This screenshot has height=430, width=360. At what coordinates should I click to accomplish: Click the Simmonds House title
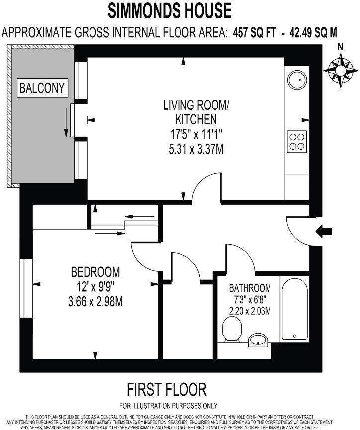coord(170,10)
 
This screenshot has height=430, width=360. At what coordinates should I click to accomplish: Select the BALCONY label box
coord(42,88)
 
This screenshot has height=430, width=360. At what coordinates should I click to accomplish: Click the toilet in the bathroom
coord(232,330)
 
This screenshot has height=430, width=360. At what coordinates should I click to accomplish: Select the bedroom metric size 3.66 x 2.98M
coord(95,301)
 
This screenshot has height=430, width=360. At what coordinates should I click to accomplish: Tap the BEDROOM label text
coord(95,272)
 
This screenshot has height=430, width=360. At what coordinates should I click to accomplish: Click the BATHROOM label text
coord(250,288)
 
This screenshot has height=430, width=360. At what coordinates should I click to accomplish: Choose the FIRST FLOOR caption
coord(167,388)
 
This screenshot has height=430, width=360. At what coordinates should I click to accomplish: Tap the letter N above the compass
coord(341,47)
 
